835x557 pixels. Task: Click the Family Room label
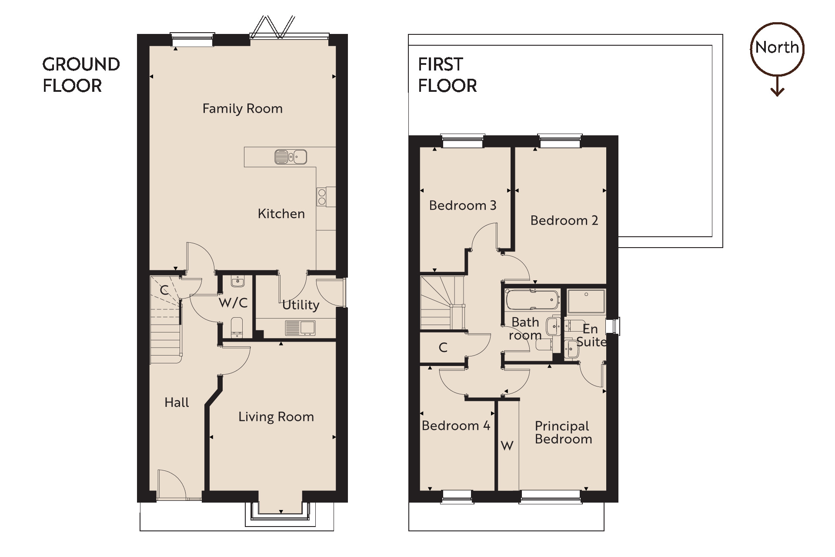tap(242, 108)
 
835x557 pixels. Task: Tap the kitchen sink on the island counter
tap(291, 157)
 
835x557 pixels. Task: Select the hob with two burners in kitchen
tap(322, 197)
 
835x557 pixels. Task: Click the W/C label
tap(233, 302)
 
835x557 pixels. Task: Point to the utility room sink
tap(300, 328)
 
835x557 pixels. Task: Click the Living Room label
tap(276, 417)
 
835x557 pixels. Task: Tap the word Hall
tap(177, 403)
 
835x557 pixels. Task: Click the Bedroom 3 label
tap(462, 205)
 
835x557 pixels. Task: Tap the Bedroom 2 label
tap(564, 221)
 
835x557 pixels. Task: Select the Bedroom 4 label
tap(456, 426)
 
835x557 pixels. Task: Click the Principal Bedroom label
tap(563, 433)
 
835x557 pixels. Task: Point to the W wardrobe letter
tap(507, 446)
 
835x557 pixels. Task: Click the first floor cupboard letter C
tap(443, 347)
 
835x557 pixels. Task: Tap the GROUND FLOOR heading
tap(81, 75)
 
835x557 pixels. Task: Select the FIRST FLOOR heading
tap(447, 75)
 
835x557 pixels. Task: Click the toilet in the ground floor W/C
tap(237, 327)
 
